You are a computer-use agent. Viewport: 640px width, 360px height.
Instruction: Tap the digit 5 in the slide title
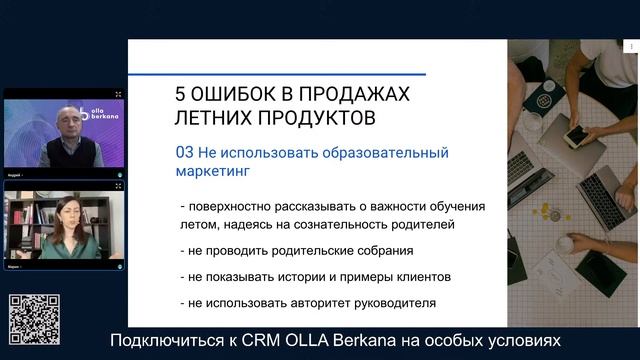coord(181,95)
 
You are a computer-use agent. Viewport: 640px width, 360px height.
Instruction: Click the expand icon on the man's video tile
coord(118,95)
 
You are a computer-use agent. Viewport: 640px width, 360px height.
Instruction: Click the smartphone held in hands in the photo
coord(579,135)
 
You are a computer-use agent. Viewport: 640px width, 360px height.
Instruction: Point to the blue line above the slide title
coord(300,74)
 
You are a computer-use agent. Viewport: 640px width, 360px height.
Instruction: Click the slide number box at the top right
coord(631,46)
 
